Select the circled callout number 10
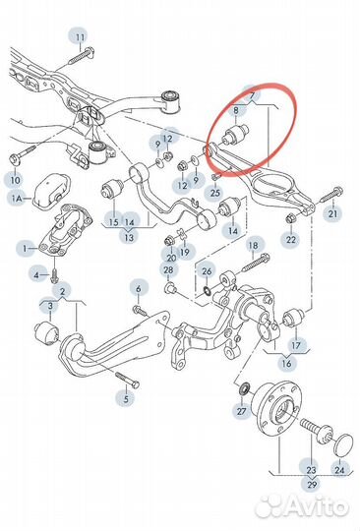[x=14, y=180]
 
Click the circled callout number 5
[x=125, y=398]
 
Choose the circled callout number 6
[x=139, y=287]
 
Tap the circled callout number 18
[x=252, y=245]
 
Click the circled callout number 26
[x=206, y=271]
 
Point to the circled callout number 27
[x=240, y=412]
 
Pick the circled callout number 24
[x=340, y=469]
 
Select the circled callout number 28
[x=168, y=269]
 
